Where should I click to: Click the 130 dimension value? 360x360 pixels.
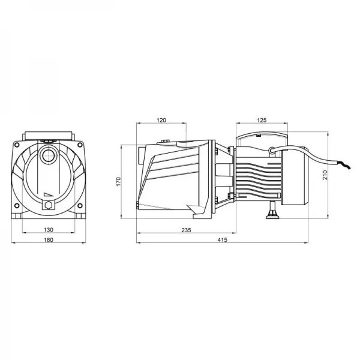tap(49, 229)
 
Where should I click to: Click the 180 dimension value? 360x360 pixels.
tap(49, 241)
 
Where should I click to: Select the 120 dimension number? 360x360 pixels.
tap(161, 120)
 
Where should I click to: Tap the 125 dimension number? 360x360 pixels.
tap(261, 120)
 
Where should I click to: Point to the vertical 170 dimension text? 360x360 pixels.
tap(119, 180)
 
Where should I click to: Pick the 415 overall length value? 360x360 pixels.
tap(222, 241)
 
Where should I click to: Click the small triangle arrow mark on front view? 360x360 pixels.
tap(49, 193)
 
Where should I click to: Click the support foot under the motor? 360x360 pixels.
tap(274, 211)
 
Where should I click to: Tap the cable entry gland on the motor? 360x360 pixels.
tap(272, 150)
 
